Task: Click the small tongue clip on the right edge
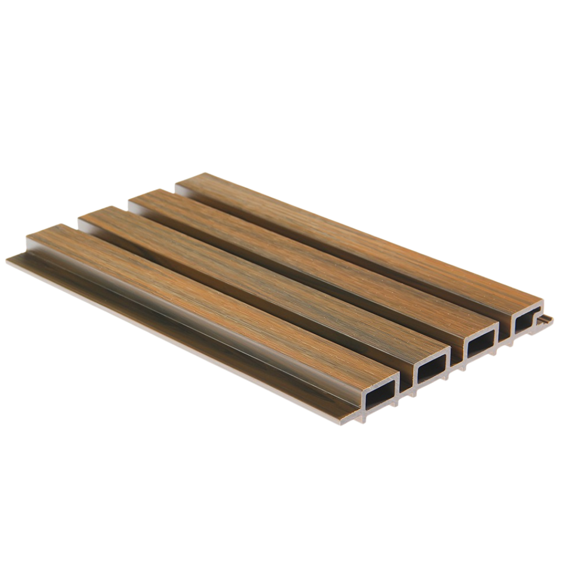click(546, 319)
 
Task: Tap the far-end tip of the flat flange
click(11, 256)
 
